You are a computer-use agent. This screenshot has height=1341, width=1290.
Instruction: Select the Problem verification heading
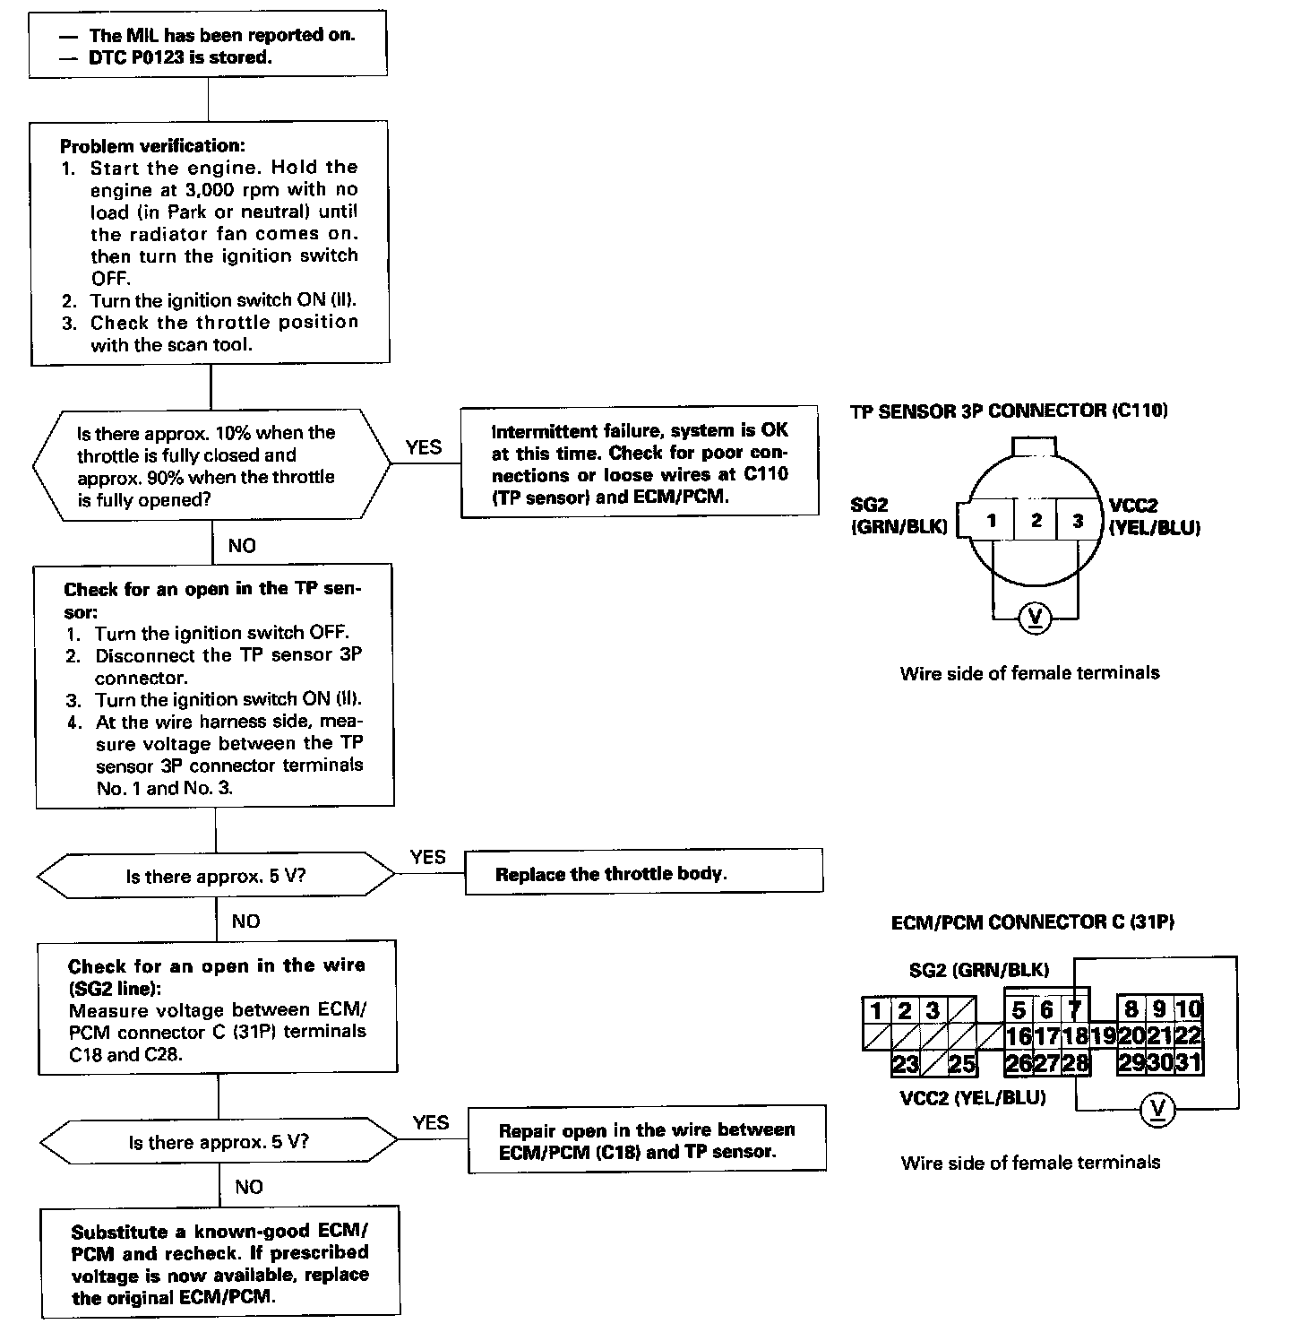[x=152, y=145]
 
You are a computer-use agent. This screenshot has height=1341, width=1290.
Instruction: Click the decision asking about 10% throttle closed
[x=211, y=465]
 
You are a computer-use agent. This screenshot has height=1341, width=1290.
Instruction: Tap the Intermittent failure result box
[x=640, y=463]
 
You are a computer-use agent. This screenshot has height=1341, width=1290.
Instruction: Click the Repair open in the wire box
[x=647, y=1140]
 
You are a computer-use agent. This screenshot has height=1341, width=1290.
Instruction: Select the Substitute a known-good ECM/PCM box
[x=220, y=1264]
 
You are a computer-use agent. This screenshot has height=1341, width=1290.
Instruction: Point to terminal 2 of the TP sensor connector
[x=1036, y=521]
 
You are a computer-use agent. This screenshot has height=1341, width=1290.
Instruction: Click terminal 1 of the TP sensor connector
[x=992, y=521]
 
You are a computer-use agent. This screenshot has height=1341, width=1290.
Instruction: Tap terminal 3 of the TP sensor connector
[x=1078, y=521]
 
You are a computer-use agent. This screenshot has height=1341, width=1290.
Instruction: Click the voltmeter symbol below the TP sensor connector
[x=1036, y=617]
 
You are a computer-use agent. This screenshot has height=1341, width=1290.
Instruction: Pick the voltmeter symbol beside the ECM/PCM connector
[x=1158, y=1111]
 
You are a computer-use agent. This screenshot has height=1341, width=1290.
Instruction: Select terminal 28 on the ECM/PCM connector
[x=1075, y=1064]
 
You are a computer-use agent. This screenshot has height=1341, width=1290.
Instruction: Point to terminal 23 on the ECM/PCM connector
[x=906, y=1064]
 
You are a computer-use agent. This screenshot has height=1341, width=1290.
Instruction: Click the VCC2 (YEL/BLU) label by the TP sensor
[x=1154, y=517]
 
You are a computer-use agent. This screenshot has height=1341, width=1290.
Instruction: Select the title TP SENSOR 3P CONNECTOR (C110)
[x=1009, y=411]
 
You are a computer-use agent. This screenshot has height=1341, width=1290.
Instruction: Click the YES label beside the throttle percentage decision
[x=424, y=447]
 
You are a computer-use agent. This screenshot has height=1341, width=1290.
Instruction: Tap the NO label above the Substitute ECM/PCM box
[x=249, y=1187]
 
